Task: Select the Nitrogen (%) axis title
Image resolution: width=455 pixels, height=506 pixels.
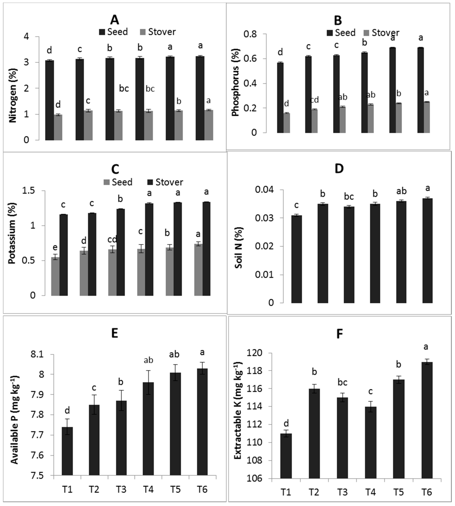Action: [13, 95]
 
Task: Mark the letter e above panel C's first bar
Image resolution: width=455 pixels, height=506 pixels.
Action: [55, 247]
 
